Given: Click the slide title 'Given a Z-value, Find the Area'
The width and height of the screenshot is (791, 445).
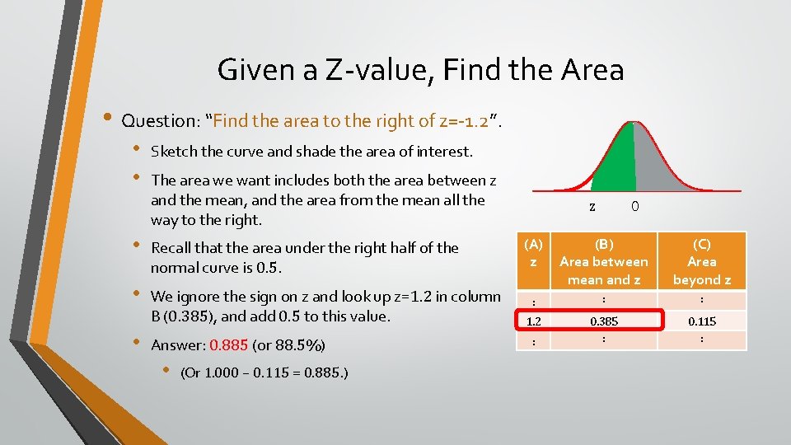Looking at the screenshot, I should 420,70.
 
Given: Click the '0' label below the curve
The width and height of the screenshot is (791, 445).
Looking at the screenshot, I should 634,207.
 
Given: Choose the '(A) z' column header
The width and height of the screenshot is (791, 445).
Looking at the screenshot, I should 534,252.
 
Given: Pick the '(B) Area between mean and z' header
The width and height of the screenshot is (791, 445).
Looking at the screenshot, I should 604,261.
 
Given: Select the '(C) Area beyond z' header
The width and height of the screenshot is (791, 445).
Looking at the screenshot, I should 701,261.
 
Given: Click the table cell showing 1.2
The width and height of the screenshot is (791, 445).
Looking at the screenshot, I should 534,320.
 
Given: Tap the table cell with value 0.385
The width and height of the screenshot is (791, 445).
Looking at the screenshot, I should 604,320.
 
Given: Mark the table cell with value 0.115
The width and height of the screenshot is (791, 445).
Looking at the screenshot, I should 701,320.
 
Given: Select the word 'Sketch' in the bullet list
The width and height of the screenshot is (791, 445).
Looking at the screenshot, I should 173,152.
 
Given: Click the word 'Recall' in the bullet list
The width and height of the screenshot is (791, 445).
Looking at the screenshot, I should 172,248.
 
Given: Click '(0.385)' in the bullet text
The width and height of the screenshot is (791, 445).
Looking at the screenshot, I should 195,316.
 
